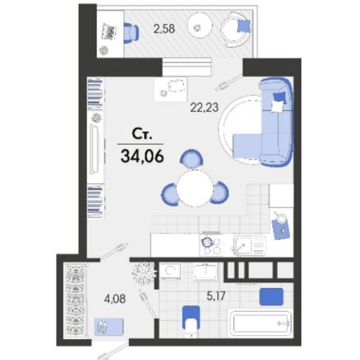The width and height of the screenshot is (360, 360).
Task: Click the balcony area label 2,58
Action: point(164,29)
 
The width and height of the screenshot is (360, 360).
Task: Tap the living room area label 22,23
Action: point(205,107)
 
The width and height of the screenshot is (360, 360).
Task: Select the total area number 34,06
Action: point(142,156)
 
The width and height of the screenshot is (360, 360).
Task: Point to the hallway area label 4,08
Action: point(115,299)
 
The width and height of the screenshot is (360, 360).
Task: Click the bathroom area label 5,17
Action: point(216,296)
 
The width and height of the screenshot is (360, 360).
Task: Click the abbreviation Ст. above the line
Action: point(142,134)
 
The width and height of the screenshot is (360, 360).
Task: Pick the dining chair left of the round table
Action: point(171,194)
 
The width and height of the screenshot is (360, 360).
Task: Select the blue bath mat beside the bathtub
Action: point(271,297)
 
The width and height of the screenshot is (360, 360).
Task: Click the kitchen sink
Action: point(249,246)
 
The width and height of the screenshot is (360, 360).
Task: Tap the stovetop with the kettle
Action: point(211,245)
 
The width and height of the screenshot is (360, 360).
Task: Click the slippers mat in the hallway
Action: point(109,327)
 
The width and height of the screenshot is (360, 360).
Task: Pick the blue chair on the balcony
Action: point(131,33)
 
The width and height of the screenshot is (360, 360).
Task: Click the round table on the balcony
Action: point(200,28)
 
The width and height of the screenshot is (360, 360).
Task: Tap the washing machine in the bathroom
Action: point(170,272)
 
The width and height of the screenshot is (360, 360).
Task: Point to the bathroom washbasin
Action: point(205,272)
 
